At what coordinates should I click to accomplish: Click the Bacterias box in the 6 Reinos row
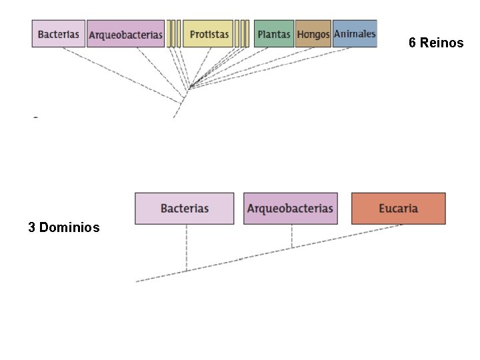59,34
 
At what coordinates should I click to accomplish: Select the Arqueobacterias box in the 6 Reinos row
125,34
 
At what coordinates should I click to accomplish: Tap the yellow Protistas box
208,34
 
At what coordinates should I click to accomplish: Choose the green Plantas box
274,34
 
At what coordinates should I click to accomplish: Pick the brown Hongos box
313,34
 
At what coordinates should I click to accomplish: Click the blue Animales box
355,34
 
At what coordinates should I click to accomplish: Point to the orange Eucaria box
398,209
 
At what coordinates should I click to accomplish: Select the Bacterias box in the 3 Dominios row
184,209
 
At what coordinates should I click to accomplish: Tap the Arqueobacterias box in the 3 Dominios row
291,209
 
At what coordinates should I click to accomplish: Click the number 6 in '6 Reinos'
412,43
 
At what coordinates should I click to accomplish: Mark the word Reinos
441,43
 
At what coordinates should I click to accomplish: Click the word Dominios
69,227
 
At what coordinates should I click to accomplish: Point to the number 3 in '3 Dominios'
31,227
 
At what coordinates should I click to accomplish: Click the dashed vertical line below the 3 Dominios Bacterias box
187,247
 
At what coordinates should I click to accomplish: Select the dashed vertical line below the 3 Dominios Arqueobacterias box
292,236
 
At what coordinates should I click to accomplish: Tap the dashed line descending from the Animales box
270,68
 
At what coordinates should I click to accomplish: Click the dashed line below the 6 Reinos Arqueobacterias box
161,73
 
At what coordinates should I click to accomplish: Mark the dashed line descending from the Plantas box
229,67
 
